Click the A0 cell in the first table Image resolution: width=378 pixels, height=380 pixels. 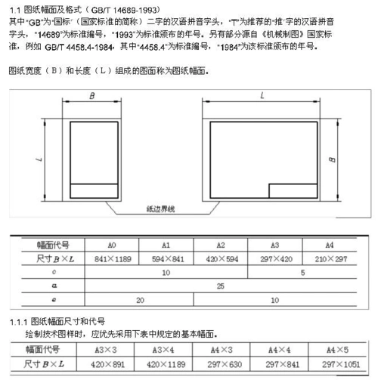click(x=112, y=246)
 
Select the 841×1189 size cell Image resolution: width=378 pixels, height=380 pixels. click(x=112, y=258)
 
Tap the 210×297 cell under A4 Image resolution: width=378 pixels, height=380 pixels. click(x=330, y=258)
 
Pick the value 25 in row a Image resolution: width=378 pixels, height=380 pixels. click(x=220, y=285)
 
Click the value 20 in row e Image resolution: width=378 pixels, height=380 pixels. click(x=140, y=299)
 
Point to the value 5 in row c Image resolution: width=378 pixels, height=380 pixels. click(x=302, y=271)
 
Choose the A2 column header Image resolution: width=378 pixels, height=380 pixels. click(x=221, y=246)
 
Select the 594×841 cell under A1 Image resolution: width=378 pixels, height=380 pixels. click(x=166, y=258)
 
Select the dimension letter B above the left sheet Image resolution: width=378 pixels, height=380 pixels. click(x=91, y=96)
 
